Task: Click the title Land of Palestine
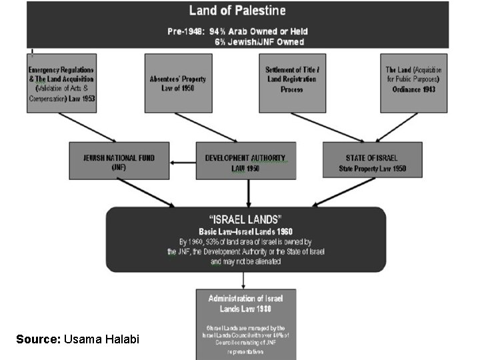click(237, 10)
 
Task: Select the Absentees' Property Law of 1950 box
click(178, 83)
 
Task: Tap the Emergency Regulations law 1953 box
click(62, 83)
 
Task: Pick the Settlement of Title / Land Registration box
click(293, 83)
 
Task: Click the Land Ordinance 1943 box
click(413, 83)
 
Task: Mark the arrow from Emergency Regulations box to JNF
click(87, 127)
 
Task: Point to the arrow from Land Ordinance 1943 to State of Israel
click(397, 127)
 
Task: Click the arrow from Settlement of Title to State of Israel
click(327, 127)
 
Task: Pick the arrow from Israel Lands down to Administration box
click(245, 280)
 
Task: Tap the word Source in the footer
click(38, 340)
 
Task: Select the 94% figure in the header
click(219, 31)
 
